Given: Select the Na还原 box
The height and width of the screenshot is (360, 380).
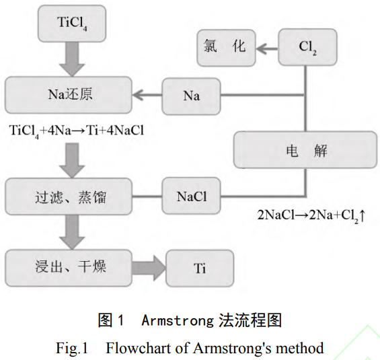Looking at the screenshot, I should coord(69,94).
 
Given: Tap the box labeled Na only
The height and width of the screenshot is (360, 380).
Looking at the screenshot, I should coord(192,95).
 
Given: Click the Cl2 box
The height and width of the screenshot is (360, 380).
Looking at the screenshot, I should coord(307,48).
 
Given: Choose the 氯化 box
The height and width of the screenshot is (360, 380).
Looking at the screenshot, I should coord(225,48).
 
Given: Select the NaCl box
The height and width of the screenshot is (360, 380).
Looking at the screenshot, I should coord(192,196).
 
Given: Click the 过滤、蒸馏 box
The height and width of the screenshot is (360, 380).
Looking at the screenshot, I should coord(69,196).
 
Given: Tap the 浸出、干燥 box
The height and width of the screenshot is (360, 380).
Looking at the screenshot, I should coord(69,267).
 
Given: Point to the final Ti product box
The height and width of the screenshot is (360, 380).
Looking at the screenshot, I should coord(200,268).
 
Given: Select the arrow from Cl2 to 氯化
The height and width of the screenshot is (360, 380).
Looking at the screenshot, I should coord(267,48).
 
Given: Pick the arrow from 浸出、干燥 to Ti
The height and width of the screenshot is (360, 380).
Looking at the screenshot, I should coord(149,267).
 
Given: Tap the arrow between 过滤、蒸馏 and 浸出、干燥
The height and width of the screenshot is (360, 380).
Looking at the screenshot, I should coord(72,232).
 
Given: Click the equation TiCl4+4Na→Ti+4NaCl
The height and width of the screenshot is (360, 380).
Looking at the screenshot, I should coord(77,129).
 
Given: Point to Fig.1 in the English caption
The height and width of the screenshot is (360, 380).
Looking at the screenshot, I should coord(72,348).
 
